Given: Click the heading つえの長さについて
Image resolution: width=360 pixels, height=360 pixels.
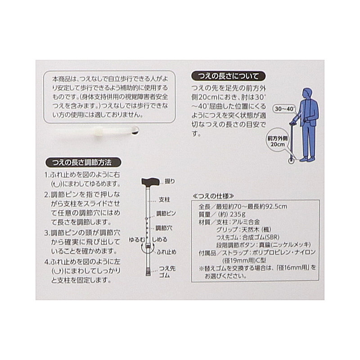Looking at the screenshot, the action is (x=228, y=76).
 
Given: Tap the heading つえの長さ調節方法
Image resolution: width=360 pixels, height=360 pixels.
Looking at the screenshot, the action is (x=83, y=162).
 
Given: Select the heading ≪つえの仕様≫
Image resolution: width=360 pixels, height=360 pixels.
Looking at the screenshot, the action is (x=213, y=196).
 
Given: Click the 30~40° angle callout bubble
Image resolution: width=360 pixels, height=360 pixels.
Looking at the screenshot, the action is (x=284, y=109).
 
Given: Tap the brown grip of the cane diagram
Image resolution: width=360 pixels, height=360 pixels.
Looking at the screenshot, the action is (x=150, y=182).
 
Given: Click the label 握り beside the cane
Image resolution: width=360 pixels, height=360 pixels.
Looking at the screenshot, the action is (x=170, y=181).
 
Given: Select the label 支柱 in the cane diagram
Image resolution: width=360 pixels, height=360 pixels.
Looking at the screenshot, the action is (x=164, y=200).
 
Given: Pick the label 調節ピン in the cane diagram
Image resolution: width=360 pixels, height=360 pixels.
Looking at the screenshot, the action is (x=166, y=213).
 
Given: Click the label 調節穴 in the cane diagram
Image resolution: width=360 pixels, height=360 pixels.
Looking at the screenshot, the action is (x=164, y=228).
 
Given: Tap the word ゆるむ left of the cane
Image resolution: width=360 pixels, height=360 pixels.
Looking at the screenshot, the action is (x=137, y=239).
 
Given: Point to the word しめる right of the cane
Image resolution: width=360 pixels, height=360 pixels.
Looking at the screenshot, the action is (x=160, y=239).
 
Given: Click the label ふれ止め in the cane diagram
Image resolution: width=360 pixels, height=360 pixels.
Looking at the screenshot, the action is (x=166, y=252).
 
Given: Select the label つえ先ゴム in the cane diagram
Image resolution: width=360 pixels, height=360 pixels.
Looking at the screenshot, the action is (x=167, y=272).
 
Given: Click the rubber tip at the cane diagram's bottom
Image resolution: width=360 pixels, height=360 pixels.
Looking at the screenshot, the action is (x=148, y=271).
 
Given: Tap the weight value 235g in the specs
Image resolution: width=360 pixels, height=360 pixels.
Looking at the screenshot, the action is (x=238, y=215).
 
